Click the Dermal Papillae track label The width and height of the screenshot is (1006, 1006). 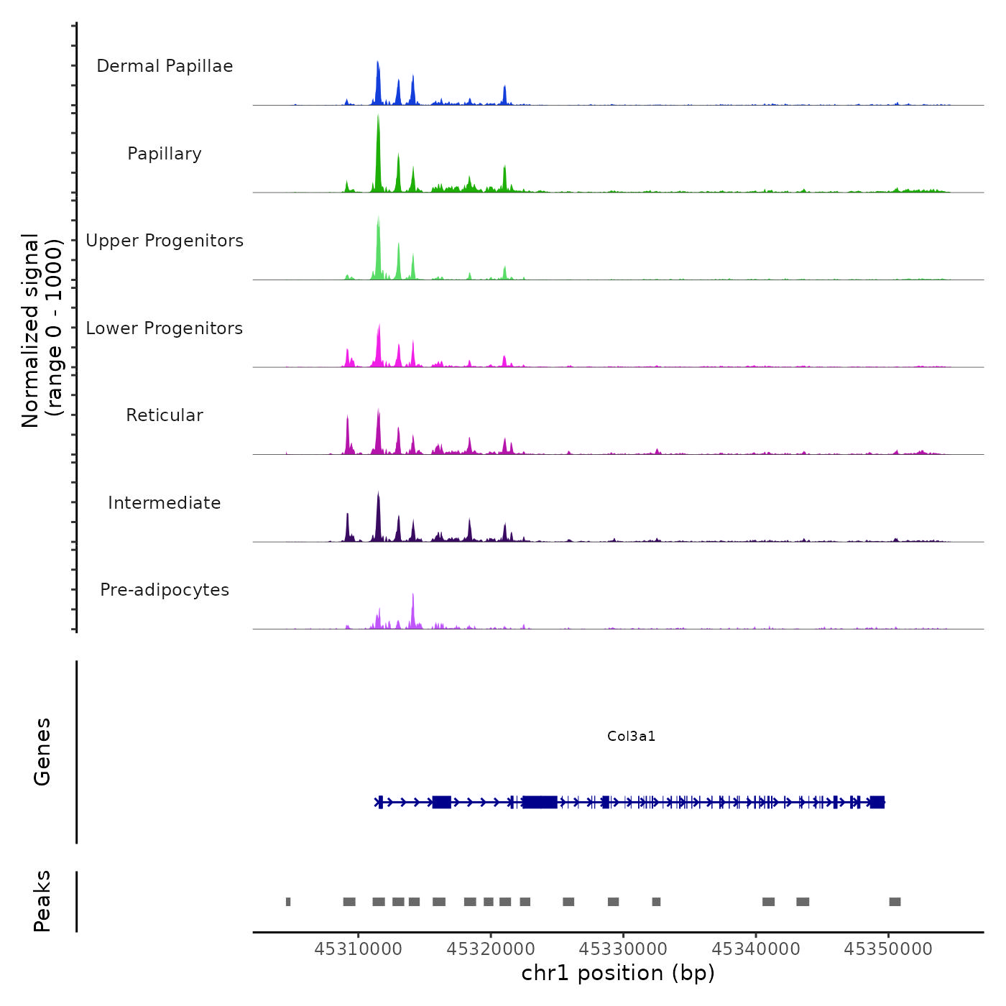coord(165,66)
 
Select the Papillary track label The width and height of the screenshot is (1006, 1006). coord(165,154)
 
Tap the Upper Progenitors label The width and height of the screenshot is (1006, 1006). coord(165,241)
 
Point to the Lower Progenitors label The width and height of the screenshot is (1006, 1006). coord(165,328)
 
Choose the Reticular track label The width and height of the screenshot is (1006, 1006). coord(165,415)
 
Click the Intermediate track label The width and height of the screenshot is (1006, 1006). coord(165,503)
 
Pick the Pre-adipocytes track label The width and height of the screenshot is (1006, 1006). coord(165,590)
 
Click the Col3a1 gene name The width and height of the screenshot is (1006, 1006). coord(631,737)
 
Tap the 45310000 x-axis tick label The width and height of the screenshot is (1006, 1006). coord(359,949)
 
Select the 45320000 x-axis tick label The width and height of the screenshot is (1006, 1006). coord(491,949)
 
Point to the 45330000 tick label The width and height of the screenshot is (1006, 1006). coord(623,949)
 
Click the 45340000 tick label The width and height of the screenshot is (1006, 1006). coord(756,949)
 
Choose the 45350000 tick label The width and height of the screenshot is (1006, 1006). coord(888,949)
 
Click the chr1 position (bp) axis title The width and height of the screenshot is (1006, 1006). coord(618,974)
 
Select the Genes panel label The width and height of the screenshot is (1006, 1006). coord(42,752)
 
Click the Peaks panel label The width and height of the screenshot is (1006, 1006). coord(42,901)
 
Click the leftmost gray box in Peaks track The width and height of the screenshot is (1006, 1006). coord(288,902)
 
